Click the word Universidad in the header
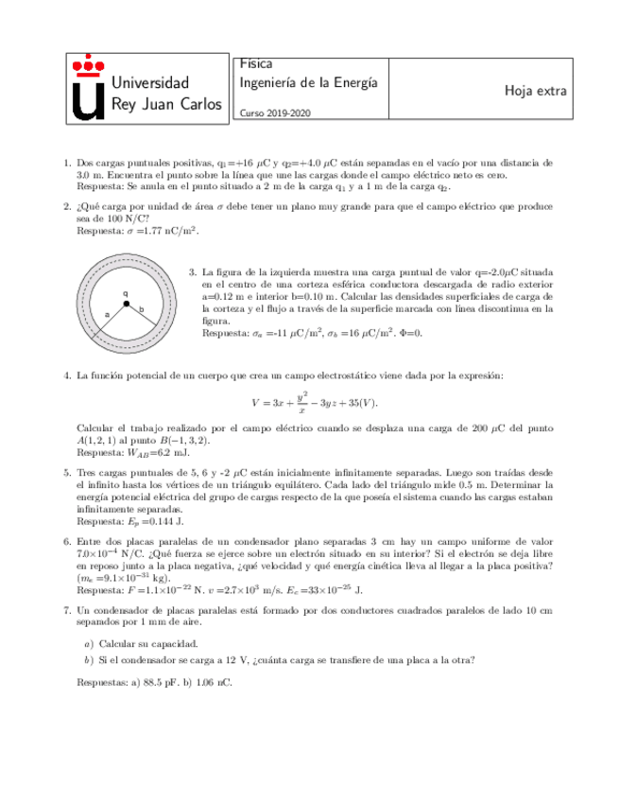pos(150,83)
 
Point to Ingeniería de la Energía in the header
pos(309,82)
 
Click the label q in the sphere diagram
pos(126,292)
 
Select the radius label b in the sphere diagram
pos(141,309)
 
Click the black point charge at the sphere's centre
pos(126,303)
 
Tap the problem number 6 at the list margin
pos(66,542)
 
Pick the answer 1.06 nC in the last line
pos(213,682)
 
